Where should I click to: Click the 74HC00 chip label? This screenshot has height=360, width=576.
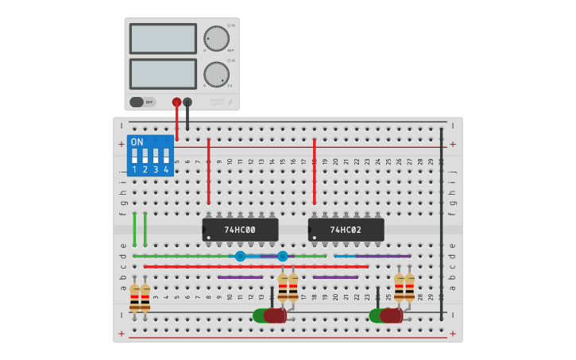(x=239, y=230)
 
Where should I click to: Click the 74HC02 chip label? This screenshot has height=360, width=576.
(x=346, y=230)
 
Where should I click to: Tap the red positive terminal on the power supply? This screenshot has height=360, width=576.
(x=176, y=102)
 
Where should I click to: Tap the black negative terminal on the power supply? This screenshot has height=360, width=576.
(x=187, y=102)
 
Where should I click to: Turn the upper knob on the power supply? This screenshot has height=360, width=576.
(x=215, y=38)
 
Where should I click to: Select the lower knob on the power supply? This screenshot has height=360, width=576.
(x=215, y=74)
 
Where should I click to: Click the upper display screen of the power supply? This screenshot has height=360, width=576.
(x=163, y=38)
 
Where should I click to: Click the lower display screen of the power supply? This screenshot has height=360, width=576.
(x=163, y=74)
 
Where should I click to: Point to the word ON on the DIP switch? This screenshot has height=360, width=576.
(x=137, y=142)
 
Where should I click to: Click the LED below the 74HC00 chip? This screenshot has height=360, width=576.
(x=270, y=315)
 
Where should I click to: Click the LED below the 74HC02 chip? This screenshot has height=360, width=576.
(x=387, y=315)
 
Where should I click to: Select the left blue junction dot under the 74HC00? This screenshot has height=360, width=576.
(x=240, y=256)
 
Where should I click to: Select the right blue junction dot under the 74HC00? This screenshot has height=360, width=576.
(x=283, y=256)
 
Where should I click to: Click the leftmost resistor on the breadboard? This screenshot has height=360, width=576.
(x=134, y=297)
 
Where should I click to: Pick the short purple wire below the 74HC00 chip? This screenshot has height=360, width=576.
(x=240, y=277)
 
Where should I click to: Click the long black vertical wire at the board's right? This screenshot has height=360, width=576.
(x=442, y=223)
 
